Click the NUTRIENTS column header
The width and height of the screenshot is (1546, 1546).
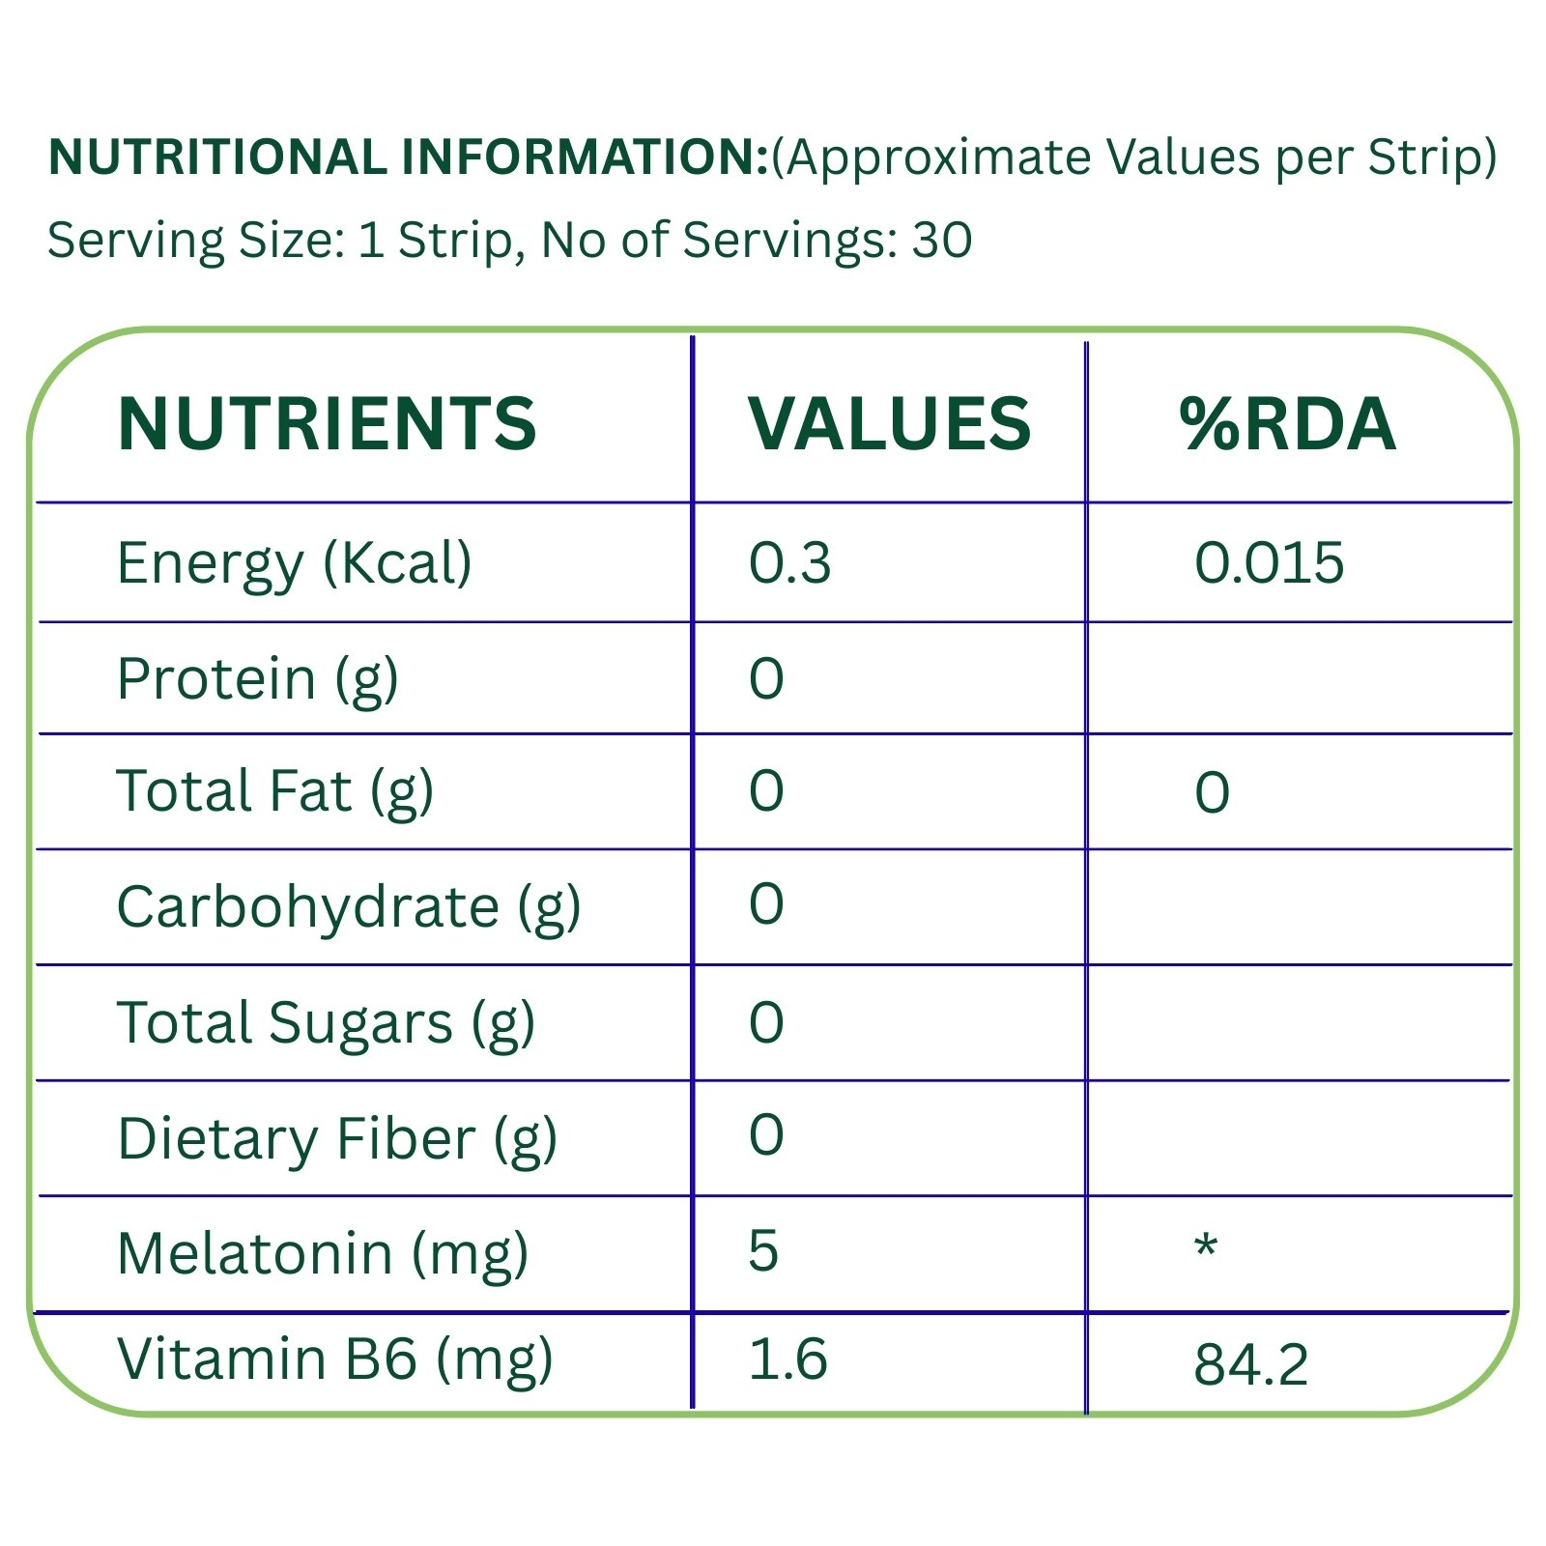click(x=326, y=424)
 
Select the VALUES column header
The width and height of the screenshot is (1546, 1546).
click(x=889, y=424)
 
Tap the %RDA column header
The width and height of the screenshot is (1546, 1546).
click(x=1287, y=424)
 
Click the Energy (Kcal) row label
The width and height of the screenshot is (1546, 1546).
click(x=294, y=563)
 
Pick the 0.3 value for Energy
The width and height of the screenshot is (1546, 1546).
click(x=789, y=563)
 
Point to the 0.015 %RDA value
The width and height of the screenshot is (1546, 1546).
click(x=1269, y=563)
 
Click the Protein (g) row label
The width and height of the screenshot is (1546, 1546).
click(x=257, y=679)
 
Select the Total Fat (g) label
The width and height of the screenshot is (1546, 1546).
click(x=274, y=792)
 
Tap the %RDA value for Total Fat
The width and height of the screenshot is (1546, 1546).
click(x=1212, y=793)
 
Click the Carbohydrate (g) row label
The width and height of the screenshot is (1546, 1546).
click(x=348, y=907)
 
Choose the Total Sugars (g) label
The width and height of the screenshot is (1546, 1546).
click(x=326, y=1023)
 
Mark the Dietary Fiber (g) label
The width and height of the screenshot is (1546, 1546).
click(x=336, y=1139)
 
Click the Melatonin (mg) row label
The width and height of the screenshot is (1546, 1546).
click(x=323, y=1254)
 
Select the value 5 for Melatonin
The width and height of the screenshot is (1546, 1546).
click(x=763, y=1251)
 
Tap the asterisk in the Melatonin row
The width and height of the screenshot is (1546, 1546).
click(x=1206, y=1247)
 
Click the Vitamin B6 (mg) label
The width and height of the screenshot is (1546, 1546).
click(x=334, y=1360)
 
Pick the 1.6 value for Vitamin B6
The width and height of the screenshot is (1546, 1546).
click(x=787, y=1360)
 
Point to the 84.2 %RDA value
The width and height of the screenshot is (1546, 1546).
click(x=1250, y=1365)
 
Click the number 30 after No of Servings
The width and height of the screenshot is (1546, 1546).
click(x=942, y=241)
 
